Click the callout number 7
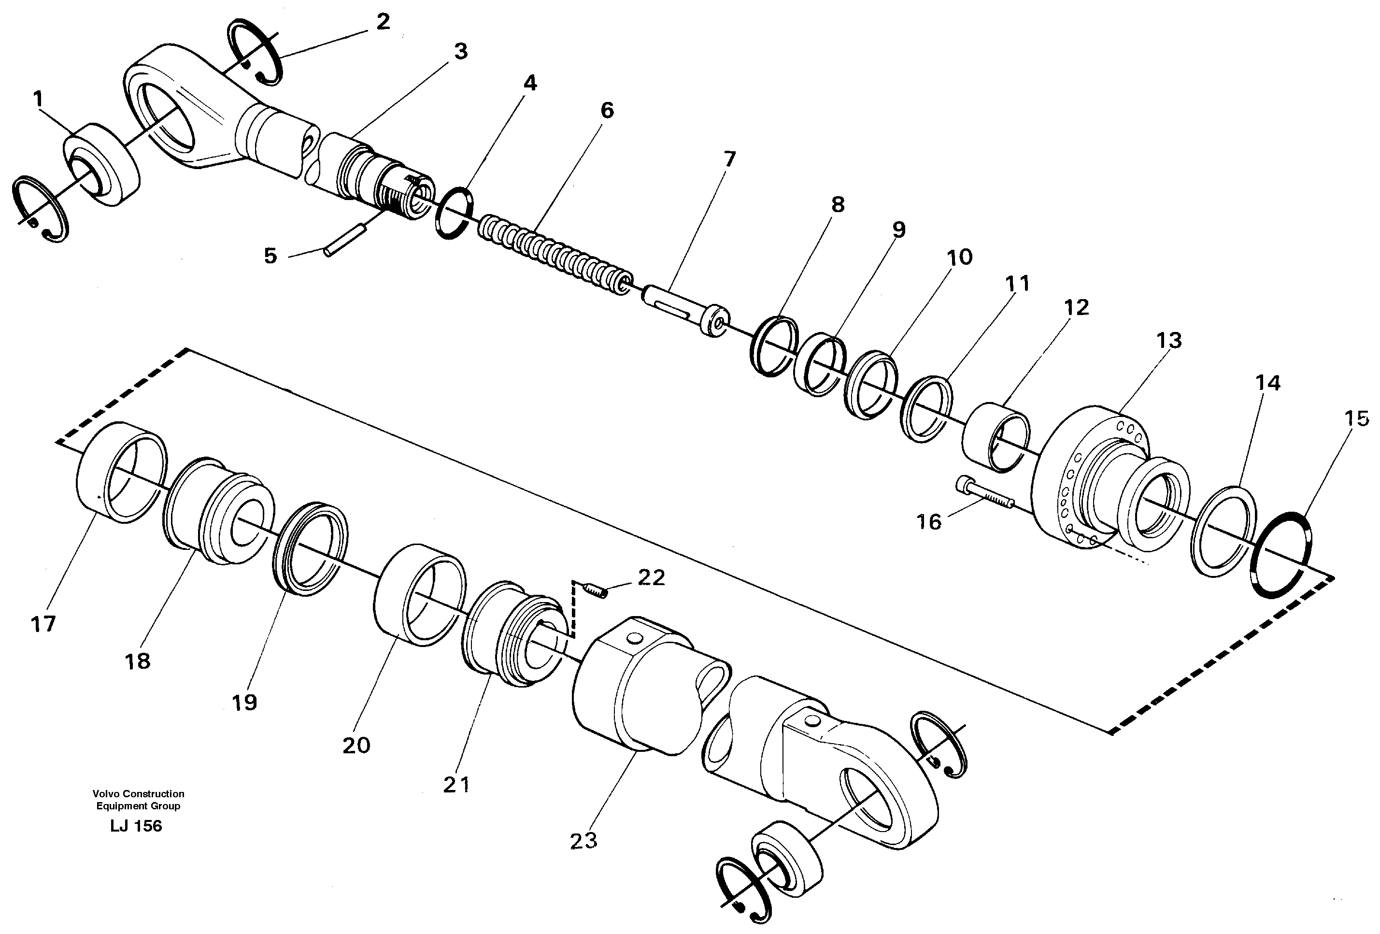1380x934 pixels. [x=729, y=159]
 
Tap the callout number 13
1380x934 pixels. [x=1168, y=341]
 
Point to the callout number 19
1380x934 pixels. [x=244, y=703]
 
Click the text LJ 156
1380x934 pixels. [x=136, y=826]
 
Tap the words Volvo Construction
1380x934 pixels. [x=138, y=794]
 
